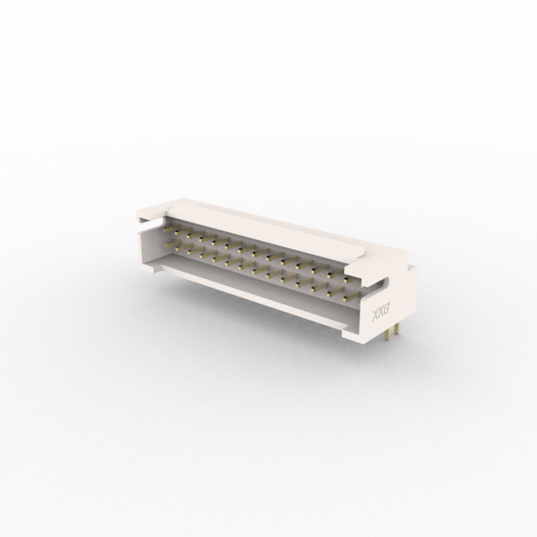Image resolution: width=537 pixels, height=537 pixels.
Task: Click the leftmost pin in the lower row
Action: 170,246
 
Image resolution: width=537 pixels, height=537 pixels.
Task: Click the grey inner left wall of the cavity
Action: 152,247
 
